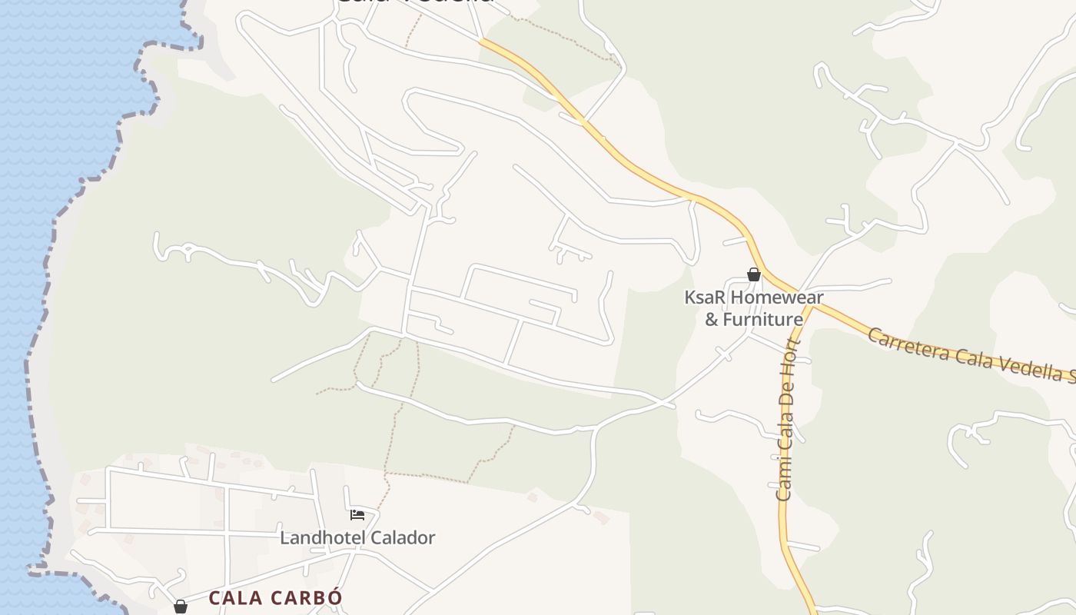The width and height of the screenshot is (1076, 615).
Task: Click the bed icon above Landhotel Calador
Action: [357, 514]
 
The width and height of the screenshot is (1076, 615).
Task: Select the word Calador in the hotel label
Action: [403, 537]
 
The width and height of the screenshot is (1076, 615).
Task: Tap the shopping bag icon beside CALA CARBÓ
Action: [181, 607]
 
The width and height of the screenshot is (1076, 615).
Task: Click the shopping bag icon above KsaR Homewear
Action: [754, 274]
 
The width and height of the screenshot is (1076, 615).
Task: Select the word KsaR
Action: [705, 298]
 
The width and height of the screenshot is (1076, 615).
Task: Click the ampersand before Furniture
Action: [712, 318]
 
